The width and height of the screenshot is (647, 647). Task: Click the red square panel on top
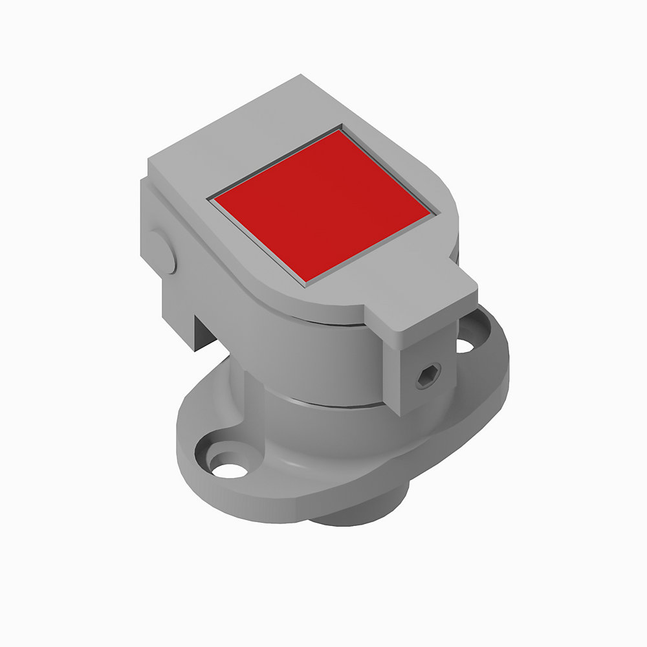coord(322,204)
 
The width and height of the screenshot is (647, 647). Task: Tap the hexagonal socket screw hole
coord(428,376)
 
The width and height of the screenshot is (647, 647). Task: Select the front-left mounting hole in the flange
coord(230,467)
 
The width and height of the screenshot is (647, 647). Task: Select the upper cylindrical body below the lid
coord(311,362)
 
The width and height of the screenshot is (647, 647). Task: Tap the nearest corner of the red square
coord(305,280)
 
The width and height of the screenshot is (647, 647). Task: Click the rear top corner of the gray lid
coord(303,76)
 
